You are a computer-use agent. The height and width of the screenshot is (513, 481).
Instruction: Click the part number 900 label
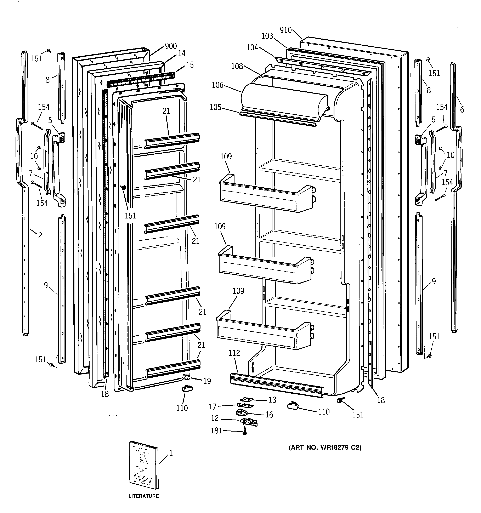click(x=171, y=46)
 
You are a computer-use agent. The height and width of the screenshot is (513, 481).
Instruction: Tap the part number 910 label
click(x=285, y=30)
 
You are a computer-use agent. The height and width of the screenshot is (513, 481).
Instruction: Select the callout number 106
click(x=217, y=85)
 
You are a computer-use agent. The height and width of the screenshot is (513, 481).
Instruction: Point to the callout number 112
click(x=234, y=353)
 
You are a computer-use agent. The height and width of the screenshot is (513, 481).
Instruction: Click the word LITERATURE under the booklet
click(x=143, y=496)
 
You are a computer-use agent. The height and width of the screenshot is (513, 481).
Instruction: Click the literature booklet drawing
click(x=143, y=464)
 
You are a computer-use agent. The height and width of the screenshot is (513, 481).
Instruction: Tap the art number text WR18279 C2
click(x=325, y=447)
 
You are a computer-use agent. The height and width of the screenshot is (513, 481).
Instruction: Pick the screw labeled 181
click(x=244, y=431)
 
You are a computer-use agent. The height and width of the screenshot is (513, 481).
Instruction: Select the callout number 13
click(x=272, y=400)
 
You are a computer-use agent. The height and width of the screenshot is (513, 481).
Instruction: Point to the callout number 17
click(x=213, y=407)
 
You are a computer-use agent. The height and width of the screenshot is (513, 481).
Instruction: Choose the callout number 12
click(x=215, y=418)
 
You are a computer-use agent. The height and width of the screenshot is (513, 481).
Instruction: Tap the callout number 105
click(x=215, y=107)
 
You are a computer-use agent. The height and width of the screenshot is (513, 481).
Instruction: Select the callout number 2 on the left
click(x=40, y=235)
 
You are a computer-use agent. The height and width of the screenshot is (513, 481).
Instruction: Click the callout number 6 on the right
click(x=462, y=110)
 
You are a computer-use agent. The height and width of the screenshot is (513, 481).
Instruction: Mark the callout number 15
click(x=189, y=65)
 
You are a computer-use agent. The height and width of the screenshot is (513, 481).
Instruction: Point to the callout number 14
click(x=181, y=53)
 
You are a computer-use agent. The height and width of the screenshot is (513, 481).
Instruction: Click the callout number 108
click(x=237, y=66)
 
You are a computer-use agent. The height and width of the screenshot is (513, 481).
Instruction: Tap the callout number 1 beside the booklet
click(x=171, y=453)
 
